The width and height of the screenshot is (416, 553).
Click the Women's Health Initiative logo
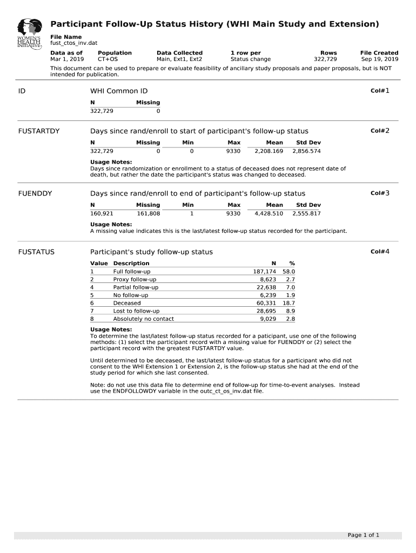[x=29, y=34]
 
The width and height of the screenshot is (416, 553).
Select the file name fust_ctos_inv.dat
[x=70, y=43]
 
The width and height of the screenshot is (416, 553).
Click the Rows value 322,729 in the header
[x=325, y=59]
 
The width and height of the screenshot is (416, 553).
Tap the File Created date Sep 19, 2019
[x=379, y=59]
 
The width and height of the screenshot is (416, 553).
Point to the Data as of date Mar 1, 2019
[x=67, y=59]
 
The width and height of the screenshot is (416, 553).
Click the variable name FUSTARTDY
[x=39, y=131]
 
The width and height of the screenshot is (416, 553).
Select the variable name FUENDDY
[x=35, y=193]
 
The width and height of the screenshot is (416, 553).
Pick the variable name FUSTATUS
[x=36, y=252]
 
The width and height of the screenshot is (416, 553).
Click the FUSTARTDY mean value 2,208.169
[x=269, y=151]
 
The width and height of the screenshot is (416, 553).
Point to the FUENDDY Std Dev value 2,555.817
[x=306, y=213]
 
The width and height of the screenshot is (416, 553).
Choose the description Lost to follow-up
[x=136, y=311]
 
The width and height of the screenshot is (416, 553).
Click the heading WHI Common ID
[x=119, y=91]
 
